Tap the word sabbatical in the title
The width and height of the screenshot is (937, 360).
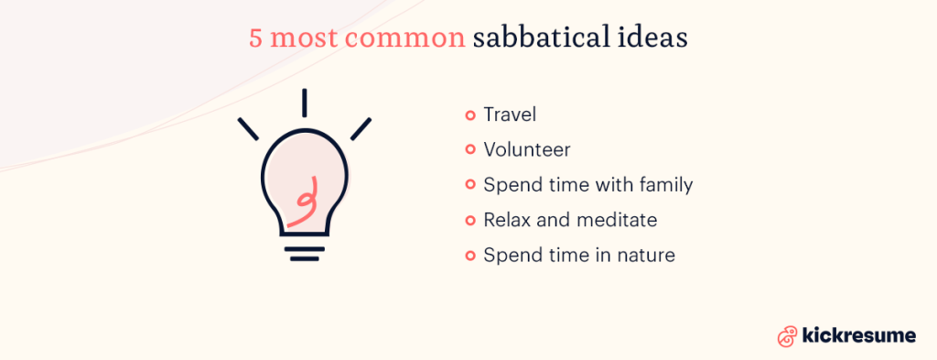click(543, 39)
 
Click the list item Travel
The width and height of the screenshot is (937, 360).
click(510, 115)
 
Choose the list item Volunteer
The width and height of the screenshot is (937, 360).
click(527, 150)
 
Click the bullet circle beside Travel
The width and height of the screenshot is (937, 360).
click(470, 115)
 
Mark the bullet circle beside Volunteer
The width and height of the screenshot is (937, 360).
click(470, 150)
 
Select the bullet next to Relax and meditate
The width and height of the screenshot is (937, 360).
click(470, 220)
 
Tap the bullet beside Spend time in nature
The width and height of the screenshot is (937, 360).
click(470, 255)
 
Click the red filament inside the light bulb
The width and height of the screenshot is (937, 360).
click(304, 202)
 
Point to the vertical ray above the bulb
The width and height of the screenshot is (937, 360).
click(305, 103)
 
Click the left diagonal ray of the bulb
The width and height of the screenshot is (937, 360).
click(248, 129)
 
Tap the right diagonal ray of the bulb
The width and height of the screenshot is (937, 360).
click(361, 129)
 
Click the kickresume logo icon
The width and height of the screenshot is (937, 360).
click(786, 336)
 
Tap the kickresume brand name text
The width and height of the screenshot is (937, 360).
click(857, 336)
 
